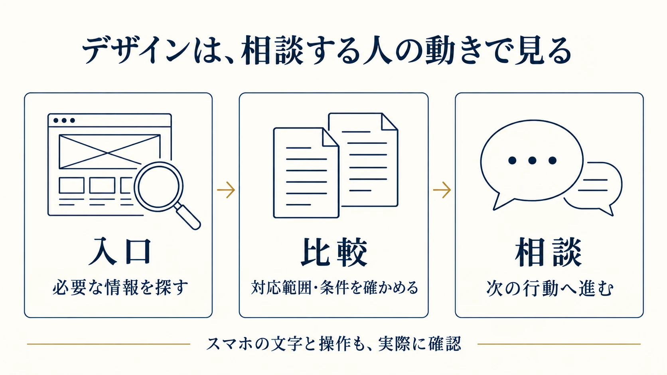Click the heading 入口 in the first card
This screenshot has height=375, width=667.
click(x=120, y=251)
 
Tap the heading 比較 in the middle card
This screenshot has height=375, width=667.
click(x=334, y=252)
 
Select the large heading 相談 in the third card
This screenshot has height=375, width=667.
click(x=549, y=252)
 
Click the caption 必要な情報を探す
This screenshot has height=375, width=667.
click(x=120, y=287)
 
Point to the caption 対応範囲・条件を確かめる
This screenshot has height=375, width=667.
click(x=335, y=287)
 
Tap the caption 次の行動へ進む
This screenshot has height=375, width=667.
click(x=550, y=288)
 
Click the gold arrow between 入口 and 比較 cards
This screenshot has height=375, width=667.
click(x=226, y=190)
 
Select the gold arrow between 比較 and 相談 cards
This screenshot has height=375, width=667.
click(x=442, y=190)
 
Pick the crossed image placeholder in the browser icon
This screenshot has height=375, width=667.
click(x=110, y=152)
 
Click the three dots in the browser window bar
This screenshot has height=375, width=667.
click(x=64, y=120)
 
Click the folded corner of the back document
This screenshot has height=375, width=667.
click(x=389, y=122)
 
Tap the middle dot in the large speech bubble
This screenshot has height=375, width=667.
click(x=532, y=161)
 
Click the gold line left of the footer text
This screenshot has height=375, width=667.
click(x=109, y=344)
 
